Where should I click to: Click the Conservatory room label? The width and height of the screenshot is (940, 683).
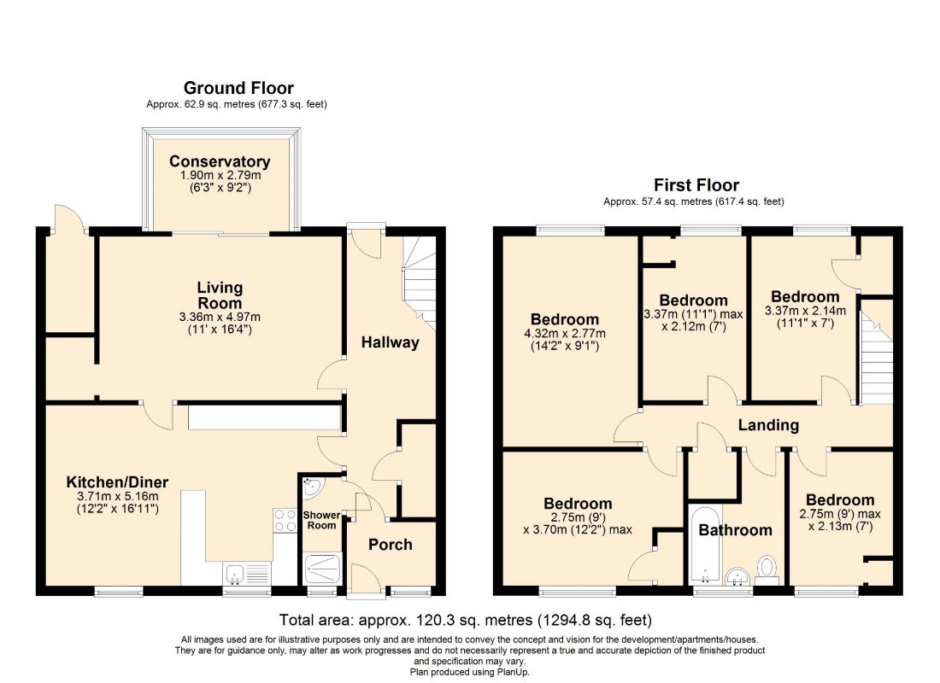pos(220,161)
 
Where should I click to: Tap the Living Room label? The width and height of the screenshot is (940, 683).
pos(220,295)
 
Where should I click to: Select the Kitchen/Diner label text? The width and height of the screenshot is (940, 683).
pos(117,482)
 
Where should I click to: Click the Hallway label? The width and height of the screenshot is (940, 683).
pos(390,342)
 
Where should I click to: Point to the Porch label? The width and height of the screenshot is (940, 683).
pos(391,544)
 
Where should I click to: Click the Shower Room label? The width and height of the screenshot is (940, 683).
pos(321,520)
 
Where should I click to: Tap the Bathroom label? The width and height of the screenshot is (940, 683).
pos(735,529)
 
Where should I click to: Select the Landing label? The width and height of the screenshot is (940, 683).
pos(768,425)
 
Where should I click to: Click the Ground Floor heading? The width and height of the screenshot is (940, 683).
pos(238,88)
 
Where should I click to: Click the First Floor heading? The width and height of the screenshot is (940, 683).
pos(696,185)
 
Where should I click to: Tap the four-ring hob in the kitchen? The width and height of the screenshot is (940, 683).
pos(285,519)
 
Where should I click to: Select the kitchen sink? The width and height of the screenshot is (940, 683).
pos(234,574)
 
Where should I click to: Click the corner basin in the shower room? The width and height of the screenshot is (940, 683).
pos(312,487)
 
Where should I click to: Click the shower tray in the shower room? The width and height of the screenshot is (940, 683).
pos(322,568)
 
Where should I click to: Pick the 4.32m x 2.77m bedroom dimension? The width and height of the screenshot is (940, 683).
pos(565,334)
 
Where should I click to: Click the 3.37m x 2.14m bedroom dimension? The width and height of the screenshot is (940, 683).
pos(805,311)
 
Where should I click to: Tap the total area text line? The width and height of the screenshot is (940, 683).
pos(466,620)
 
